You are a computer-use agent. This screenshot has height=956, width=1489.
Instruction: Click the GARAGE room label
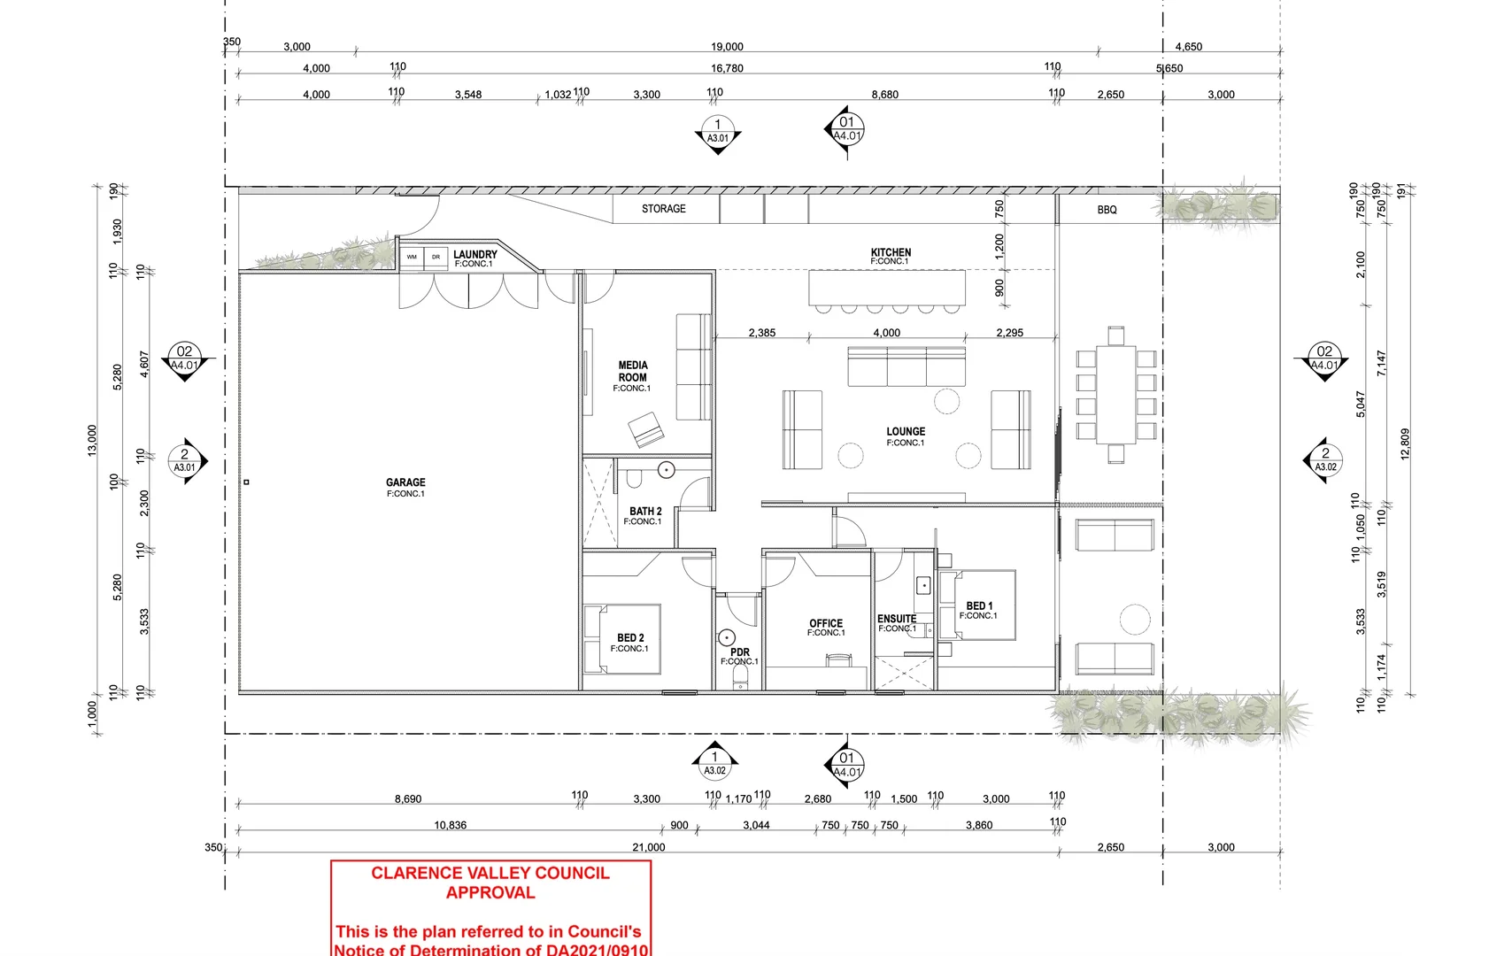[405, 482]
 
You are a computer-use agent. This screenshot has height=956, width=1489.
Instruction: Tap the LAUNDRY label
[474, 255]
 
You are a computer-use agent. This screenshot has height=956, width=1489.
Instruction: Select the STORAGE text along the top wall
[663, 209]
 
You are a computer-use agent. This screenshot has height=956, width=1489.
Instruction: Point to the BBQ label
[1107, 210]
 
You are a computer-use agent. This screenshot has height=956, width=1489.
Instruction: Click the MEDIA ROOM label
[632, 371]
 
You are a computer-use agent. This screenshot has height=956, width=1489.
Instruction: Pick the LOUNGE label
[906, 432]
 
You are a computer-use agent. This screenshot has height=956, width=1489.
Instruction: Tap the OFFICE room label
[825, 623]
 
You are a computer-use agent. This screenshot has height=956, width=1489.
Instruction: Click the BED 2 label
[630, 637]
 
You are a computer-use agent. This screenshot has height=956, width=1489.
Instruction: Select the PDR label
[740, 652]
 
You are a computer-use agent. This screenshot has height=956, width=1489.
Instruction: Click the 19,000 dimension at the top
[727, 47]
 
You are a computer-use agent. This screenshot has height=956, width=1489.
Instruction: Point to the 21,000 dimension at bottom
[648, 847]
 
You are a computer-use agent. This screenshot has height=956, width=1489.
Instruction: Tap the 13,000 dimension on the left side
[92, 440]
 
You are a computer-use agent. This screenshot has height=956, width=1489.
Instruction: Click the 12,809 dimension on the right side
[1404, 443]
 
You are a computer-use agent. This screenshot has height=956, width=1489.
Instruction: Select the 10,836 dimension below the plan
[450, 825]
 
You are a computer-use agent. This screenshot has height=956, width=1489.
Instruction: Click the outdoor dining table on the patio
[1115, 395]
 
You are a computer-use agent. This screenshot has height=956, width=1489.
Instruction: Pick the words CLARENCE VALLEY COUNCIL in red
[490, 873]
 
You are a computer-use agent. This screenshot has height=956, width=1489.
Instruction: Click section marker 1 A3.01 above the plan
[717, 131]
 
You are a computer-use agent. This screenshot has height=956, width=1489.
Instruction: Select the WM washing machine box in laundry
[412, 257]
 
